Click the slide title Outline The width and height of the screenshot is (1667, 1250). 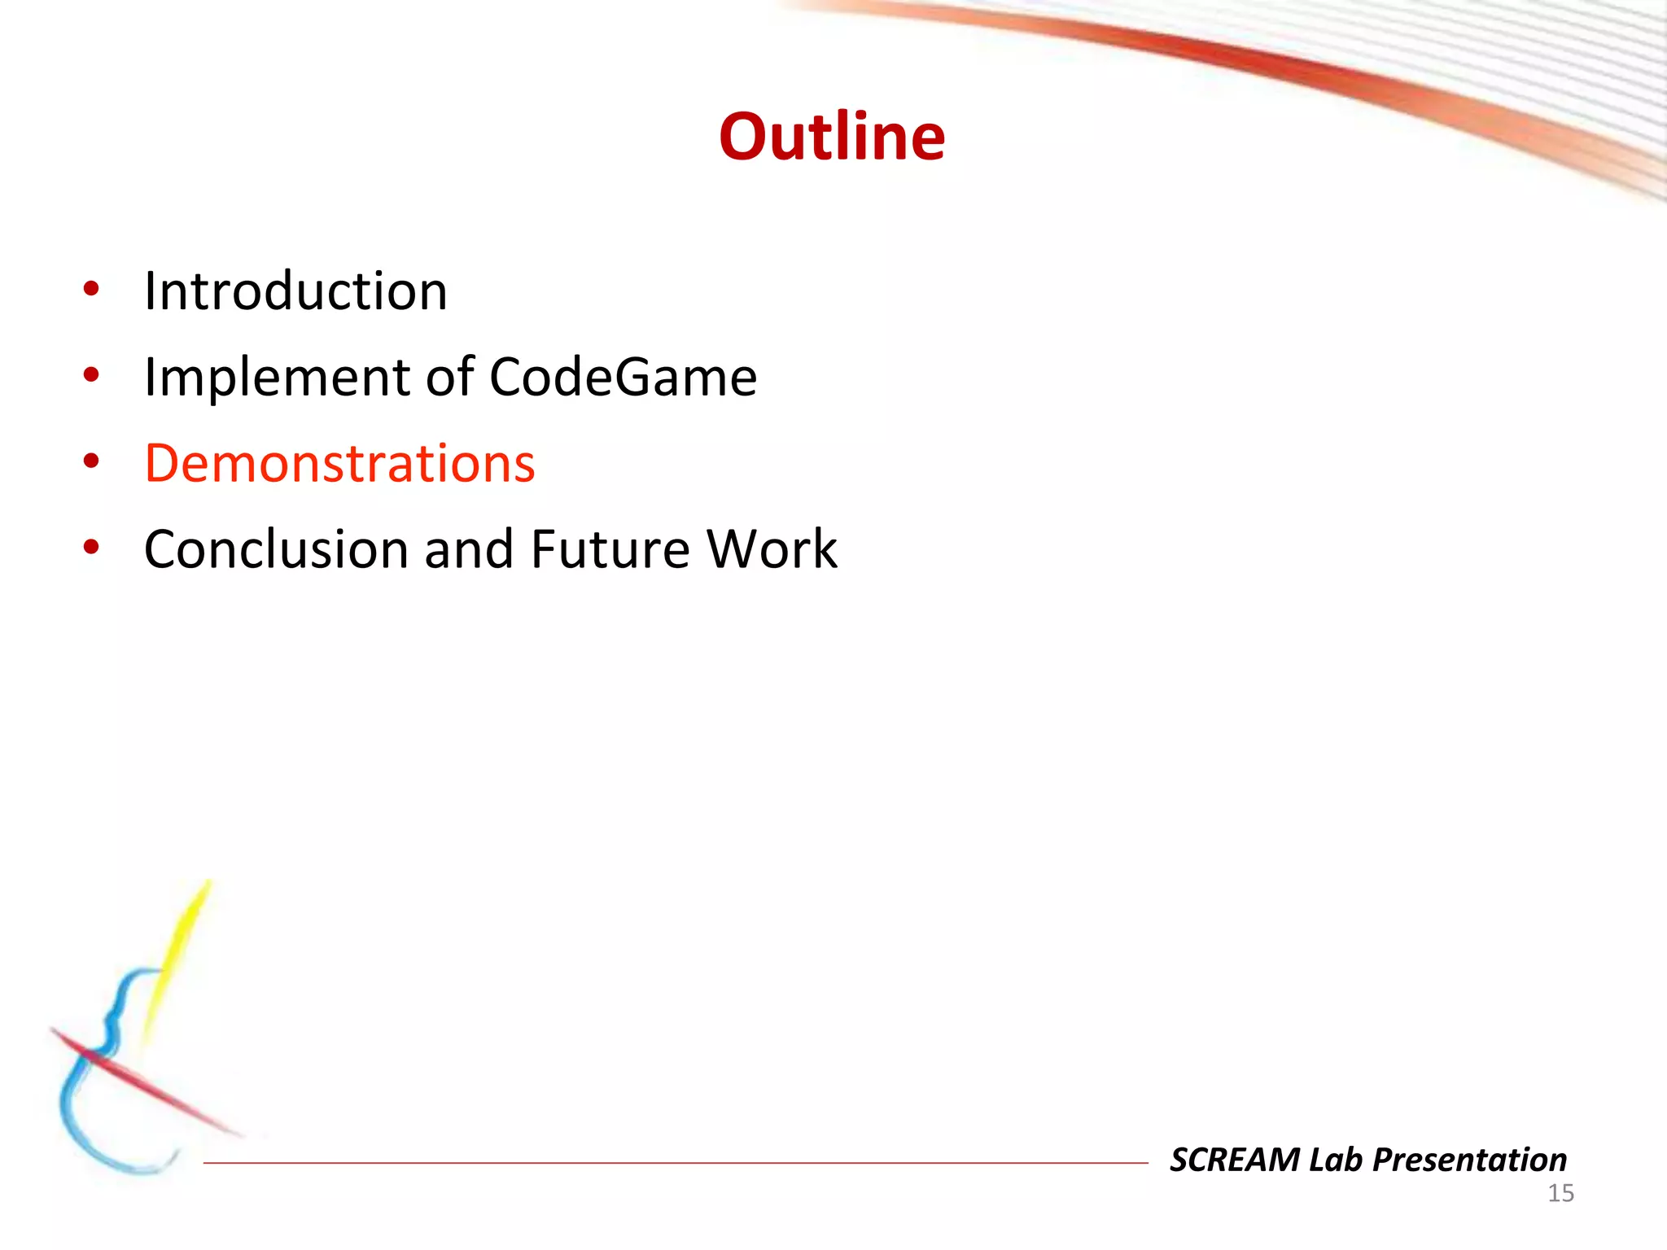(x=832, y=137)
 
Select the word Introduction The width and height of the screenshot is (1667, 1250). (x=295, y=291)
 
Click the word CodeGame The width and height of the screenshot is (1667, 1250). (x=623, y=378)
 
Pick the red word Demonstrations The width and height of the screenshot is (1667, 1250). (x=339, y=464)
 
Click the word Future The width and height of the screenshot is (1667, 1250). (x=610, y=550)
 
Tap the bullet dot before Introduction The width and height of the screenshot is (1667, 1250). (x=91, y=289)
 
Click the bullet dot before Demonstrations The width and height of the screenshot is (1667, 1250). (x=91, y=461)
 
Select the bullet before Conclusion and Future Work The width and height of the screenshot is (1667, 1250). (x=91, y=548)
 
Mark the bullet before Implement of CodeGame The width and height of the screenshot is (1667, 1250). (x=91, y=375)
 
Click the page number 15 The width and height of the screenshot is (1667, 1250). (x=1560, y=1194)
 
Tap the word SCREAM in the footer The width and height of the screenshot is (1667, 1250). (x=1235, y=1160)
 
